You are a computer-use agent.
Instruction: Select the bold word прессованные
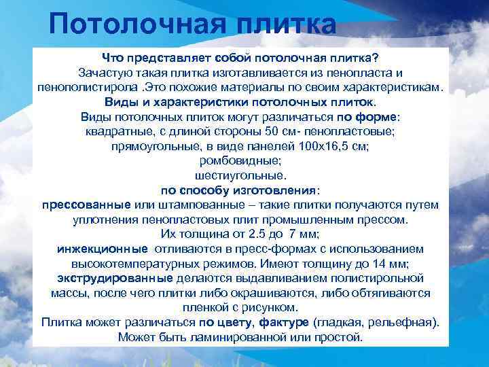click(x=86, y=205)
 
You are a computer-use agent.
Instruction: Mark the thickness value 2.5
click(x=259, y=233)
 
